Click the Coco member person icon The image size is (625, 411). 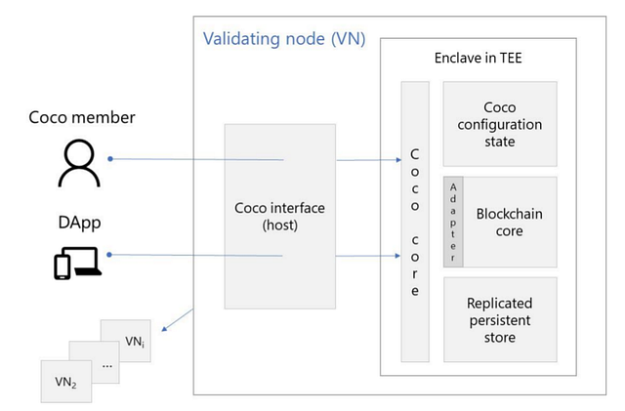pyautogui.click(x=79, y=162)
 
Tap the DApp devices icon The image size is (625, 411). pyautogui.click(x=77, y=263)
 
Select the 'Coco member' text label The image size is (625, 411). pyautogui.click(x=81, y=119)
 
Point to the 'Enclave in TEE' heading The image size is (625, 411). pyautogui.click(x=479, y=59)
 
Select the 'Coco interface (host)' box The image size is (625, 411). pyautogui.click(x=280, y=215)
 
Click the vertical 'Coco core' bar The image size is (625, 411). pyautogui.click(x=415, y=221)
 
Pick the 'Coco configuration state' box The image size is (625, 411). pyautogui.click(x=500, y=125)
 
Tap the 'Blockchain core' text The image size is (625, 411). pyautogui.click(x=509, y=223)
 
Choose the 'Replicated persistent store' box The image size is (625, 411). pyautogui.click(x=500, y=320)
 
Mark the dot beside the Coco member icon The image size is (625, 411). pyautogui.click(x=110, y=158)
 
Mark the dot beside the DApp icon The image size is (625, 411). pyautogui.click(x=109, y=256)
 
